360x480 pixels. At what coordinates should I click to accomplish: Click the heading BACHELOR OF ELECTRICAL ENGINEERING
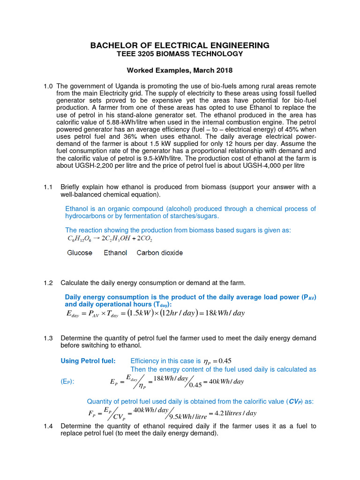(x=180, y=45)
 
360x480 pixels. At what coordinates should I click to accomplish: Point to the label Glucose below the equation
(x=80, y=253)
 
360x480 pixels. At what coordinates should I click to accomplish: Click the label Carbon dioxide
(x=160, y=253)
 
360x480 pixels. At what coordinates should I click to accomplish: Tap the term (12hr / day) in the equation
(x=181, y=313)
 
